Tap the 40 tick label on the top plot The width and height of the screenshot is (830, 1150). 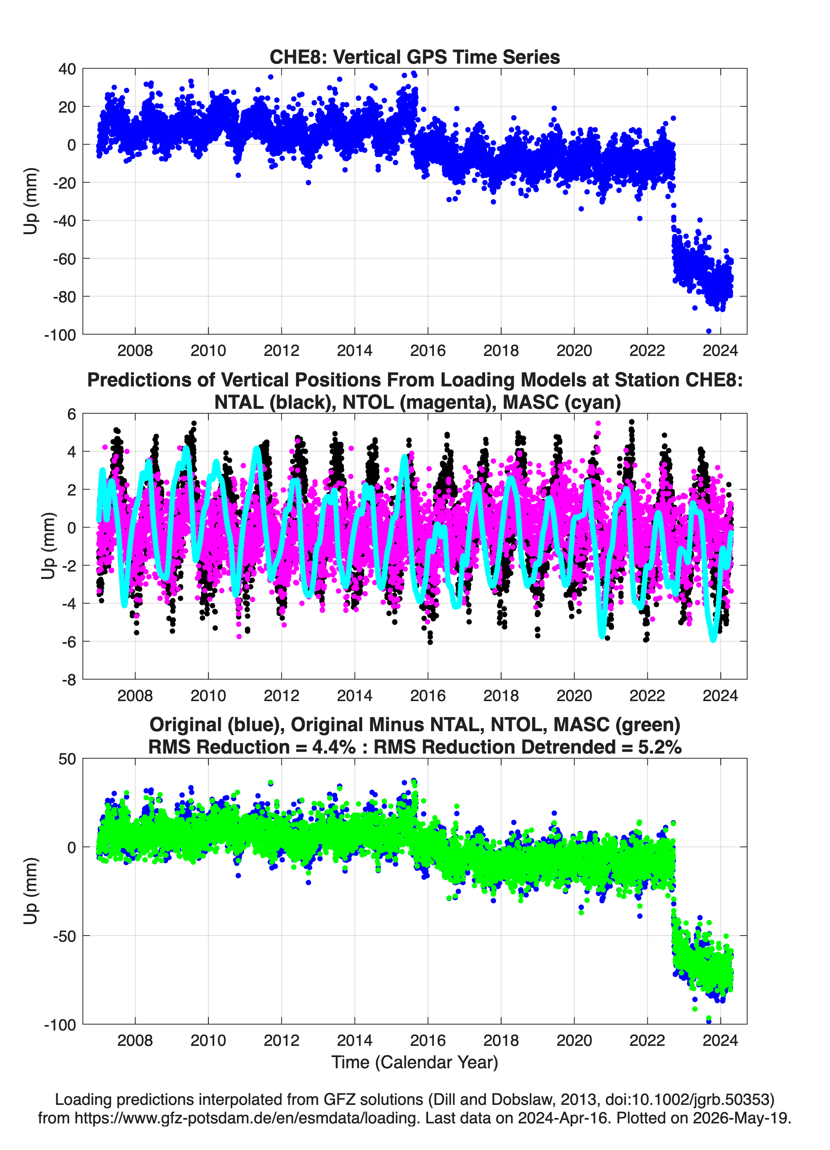click(x=67, y=69)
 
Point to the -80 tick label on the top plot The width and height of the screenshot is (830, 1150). click(x=64, y=297)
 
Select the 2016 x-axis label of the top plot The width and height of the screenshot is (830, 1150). click(x=428, y=351)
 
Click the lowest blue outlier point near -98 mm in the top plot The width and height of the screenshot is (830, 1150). click(x=708, y=331)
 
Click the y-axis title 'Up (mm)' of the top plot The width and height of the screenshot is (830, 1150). click(x=30, y=201)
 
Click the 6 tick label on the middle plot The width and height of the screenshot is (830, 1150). click(x=71, y=414)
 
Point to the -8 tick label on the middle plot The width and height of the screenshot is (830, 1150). click(x=69, y=680)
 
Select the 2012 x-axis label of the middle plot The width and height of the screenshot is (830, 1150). click(x=281, y=696)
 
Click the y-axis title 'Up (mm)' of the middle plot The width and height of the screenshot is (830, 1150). click(x=48, y=546)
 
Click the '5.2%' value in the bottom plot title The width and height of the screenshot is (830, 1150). click(x=660, y=747)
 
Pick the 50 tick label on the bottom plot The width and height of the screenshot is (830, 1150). click(x=67, y=759)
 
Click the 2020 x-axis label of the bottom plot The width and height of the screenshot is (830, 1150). click(x=574, y=1040)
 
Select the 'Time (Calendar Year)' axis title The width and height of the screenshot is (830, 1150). click(x=415, y=1062)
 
